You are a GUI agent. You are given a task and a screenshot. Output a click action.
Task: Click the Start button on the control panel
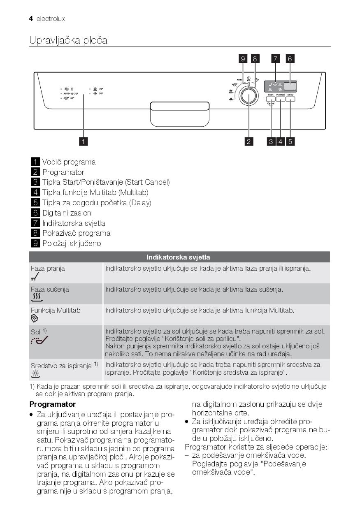271,99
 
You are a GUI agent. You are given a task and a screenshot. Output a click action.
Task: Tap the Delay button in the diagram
290,99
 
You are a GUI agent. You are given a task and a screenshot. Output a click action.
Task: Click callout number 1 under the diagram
83,141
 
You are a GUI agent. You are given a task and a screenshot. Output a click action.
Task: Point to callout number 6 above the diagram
290,59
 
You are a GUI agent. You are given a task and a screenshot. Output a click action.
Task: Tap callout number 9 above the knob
243,59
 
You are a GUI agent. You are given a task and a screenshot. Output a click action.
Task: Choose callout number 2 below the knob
249,141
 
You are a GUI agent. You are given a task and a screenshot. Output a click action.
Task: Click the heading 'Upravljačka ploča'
68,40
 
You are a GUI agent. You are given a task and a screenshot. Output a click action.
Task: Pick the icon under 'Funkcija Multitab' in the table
35,318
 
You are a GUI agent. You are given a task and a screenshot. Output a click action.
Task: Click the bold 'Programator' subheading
53,404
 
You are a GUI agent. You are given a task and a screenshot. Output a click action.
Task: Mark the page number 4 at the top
31,19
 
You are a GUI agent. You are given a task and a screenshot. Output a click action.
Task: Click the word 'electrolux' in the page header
51,19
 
